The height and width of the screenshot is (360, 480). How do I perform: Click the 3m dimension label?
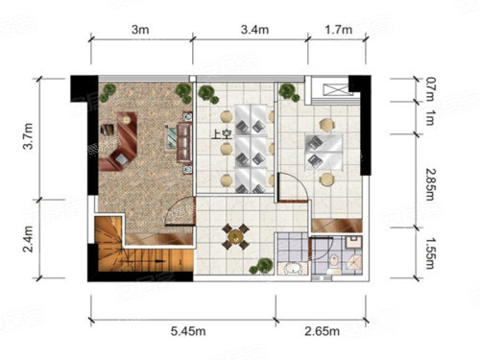click(x=140, y=30)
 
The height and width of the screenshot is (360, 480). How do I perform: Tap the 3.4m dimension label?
click(x=254, y=30)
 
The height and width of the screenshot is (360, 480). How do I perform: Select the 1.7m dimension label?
click(x=339, y=30)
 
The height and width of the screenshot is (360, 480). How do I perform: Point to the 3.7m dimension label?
click(x=29, y=135)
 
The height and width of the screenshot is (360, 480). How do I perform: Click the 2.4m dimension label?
click(x=29, y=239)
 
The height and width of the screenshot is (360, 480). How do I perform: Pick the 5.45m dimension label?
click(x=188, y=331)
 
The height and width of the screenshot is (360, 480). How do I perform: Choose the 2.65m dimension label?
click(x=322, y=331)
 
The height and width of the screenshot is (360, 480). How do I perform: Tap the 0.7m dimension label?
click(x=430, y=88)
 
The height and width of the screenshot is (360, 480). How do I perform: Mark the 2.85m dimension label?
click(x=430, y=184)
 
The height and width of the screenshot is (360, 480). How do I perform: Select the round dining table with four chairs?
click(x=236, y=237)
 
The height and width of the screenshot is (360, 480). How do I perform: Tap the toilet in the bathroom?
click(x=333, y=264)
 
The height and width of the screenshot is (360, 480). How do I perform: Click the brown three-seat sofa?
click(x=183, y=143)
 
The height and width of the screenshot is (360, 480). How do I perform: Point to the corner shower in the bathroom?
click(x=354, y=263)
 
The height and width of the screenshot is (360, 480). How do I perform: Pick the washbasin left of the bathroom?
click(x=293, y=268)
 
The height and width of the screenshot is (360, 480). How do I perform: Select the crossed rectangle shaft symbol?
click(x=335, y=89)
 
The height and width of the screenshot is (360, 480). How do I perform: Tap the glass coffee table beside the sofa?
click(x=171, y=137)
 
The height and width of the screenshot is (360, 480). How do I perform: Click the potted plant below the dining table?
click(x=261, y=266)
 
